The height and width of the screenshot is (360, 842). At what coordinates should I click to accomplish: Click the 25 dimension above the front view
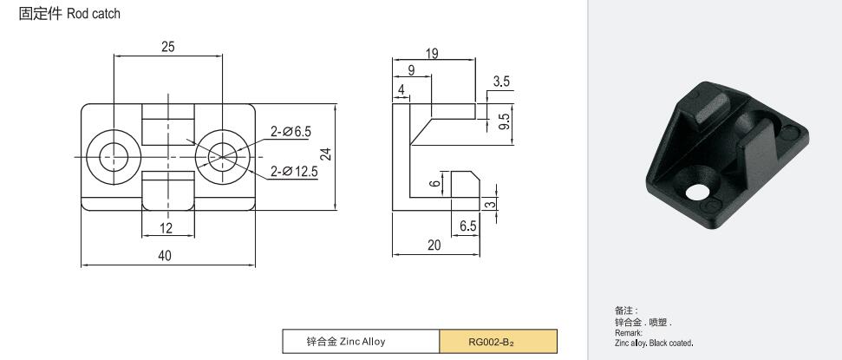point(168,47)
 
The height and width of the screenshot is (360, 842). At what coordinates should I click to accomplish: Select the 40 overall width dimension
point(165,256)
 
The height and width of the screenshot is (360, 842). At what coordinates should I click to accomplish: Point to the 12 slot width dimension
point(166,228)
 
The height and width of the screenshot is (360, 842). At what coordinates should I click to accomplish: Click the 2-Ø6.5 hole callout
point(290,131)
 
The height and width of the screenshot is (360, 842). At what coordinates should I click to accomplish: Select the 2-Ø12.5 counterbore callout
point(294,172)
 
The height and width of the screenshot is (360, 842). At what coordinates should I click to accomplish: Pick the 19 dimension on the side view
point(432,54)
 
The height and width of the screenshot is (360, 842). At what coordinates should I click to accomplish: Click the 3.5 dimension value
point(501,82)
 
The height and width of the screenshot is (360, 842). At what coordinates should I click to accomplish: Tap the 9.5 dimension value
point(506,121)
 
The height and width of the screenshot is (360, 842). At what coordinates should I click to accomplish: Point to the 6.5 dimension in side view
point(467,226)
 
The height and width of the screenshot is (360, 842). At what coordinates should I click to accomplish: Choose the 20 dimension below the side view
point(434,245)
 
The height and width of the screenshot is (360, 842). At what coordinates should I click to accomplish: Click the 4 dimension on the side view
point(401,90)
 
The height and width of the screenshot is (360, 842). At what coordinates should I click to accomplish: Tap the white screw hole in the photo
point(697,192)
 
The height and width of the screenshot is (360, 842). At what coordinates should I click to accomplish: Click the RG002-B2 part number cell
point(498,342)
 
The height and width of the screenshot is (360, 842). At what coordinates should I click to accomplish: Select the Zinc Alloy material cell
point(361,342)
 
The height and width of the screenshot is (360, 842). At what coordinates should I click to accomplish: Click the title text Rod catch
point(94,14)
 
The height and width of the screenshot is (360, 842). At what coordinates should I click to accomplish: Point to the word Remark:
point(629,333)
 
